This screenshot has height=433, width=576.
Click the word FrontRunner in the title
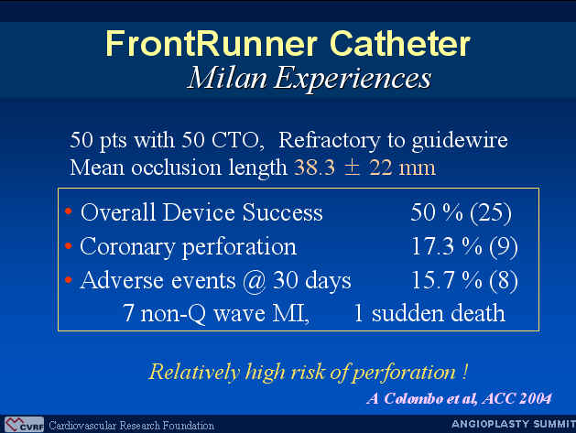click(x=212, y=43)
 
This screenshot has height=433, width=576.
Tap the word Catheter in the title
click(x=399, y=43)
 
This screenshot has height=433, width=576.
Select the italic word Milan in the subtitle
click(x=227, y=78)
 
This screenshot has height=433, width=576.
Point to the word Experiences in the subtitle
click(x=353, y=79)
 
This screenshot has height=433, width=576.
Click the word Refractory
click(x=329, y=140)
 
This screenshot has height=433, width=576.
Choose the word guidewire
click(x=460, y=140)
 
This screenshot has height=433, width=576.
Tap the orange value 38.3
click(x=314, y=168)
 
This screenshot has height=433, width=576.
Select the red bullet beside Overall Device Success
click(x=69, y=211)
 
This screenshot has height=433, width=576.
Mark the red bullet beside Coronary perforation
click(x=69, y=245)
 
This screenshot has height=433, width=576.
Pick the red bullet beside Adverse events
click(x=69, y=280)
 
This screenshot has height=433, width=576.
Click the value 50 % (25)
click(x=461, y=212)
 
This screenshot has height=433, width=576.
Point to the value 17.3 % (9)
click(x=464, y=246)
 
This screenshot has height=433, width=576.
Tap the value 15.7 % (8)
click(x=464, y=281)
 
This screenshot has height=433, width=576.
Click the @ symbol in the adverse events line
click(x=254, y=282)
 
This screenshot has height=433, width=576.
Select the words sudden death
click(x=439, y=314)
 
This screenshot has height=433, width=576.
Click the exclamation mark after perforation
click(x=465, y=372)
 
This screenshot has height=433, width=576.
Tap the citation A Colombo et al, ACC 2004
click(x=459, y=398)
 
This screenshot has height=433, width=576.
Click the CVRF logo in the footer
click(x=24, y=425)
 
